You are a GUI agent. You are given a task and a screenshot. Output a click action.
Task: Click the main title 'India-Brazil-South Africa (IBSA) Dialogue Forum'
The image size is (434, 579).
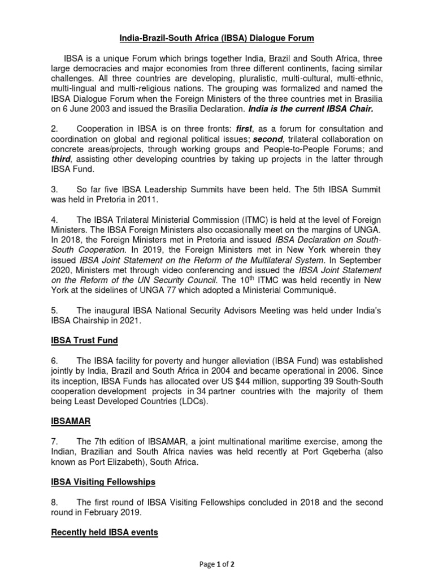point(216,38)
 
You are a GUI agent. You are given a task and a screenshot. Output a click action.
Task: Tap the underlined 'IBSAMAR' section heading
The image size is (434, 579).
point(70,421)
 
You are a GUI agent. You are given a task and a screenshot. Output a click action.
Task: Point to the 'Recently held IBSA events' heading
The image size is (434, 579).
point(105,532)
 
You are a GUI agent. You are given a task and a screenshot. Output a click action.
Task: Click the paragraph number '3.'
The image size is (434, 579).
point(55,189)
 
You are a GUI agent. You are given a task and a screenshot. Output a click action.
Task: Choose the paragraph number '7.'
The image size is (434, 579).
point(55,441)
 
